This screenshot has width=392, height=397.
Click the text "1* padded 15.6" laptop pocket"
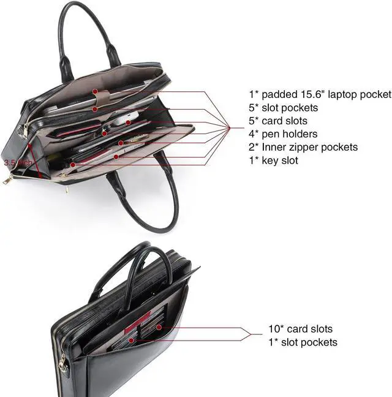(x=319, y=94)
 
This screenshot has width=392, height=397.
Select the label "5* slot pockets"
(x=283, y=108)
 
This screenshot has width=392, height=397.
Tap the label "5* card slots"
(x=277, y=121)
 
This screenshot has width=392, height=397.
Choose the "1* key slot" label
(x=273, y=161)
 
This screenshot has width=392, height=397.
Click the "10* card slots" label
(x=300, y=329)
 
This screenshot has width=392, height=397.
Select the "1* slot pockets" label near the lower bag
(x=303, y=342)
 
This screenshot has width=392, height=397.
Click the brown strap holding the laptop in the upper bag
(x=102, y=95)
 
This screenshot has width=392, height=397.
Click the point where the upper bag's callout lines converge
(x=230, y=127)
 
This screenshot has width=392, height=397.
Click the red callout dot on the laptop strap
(x=95, y=93)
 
